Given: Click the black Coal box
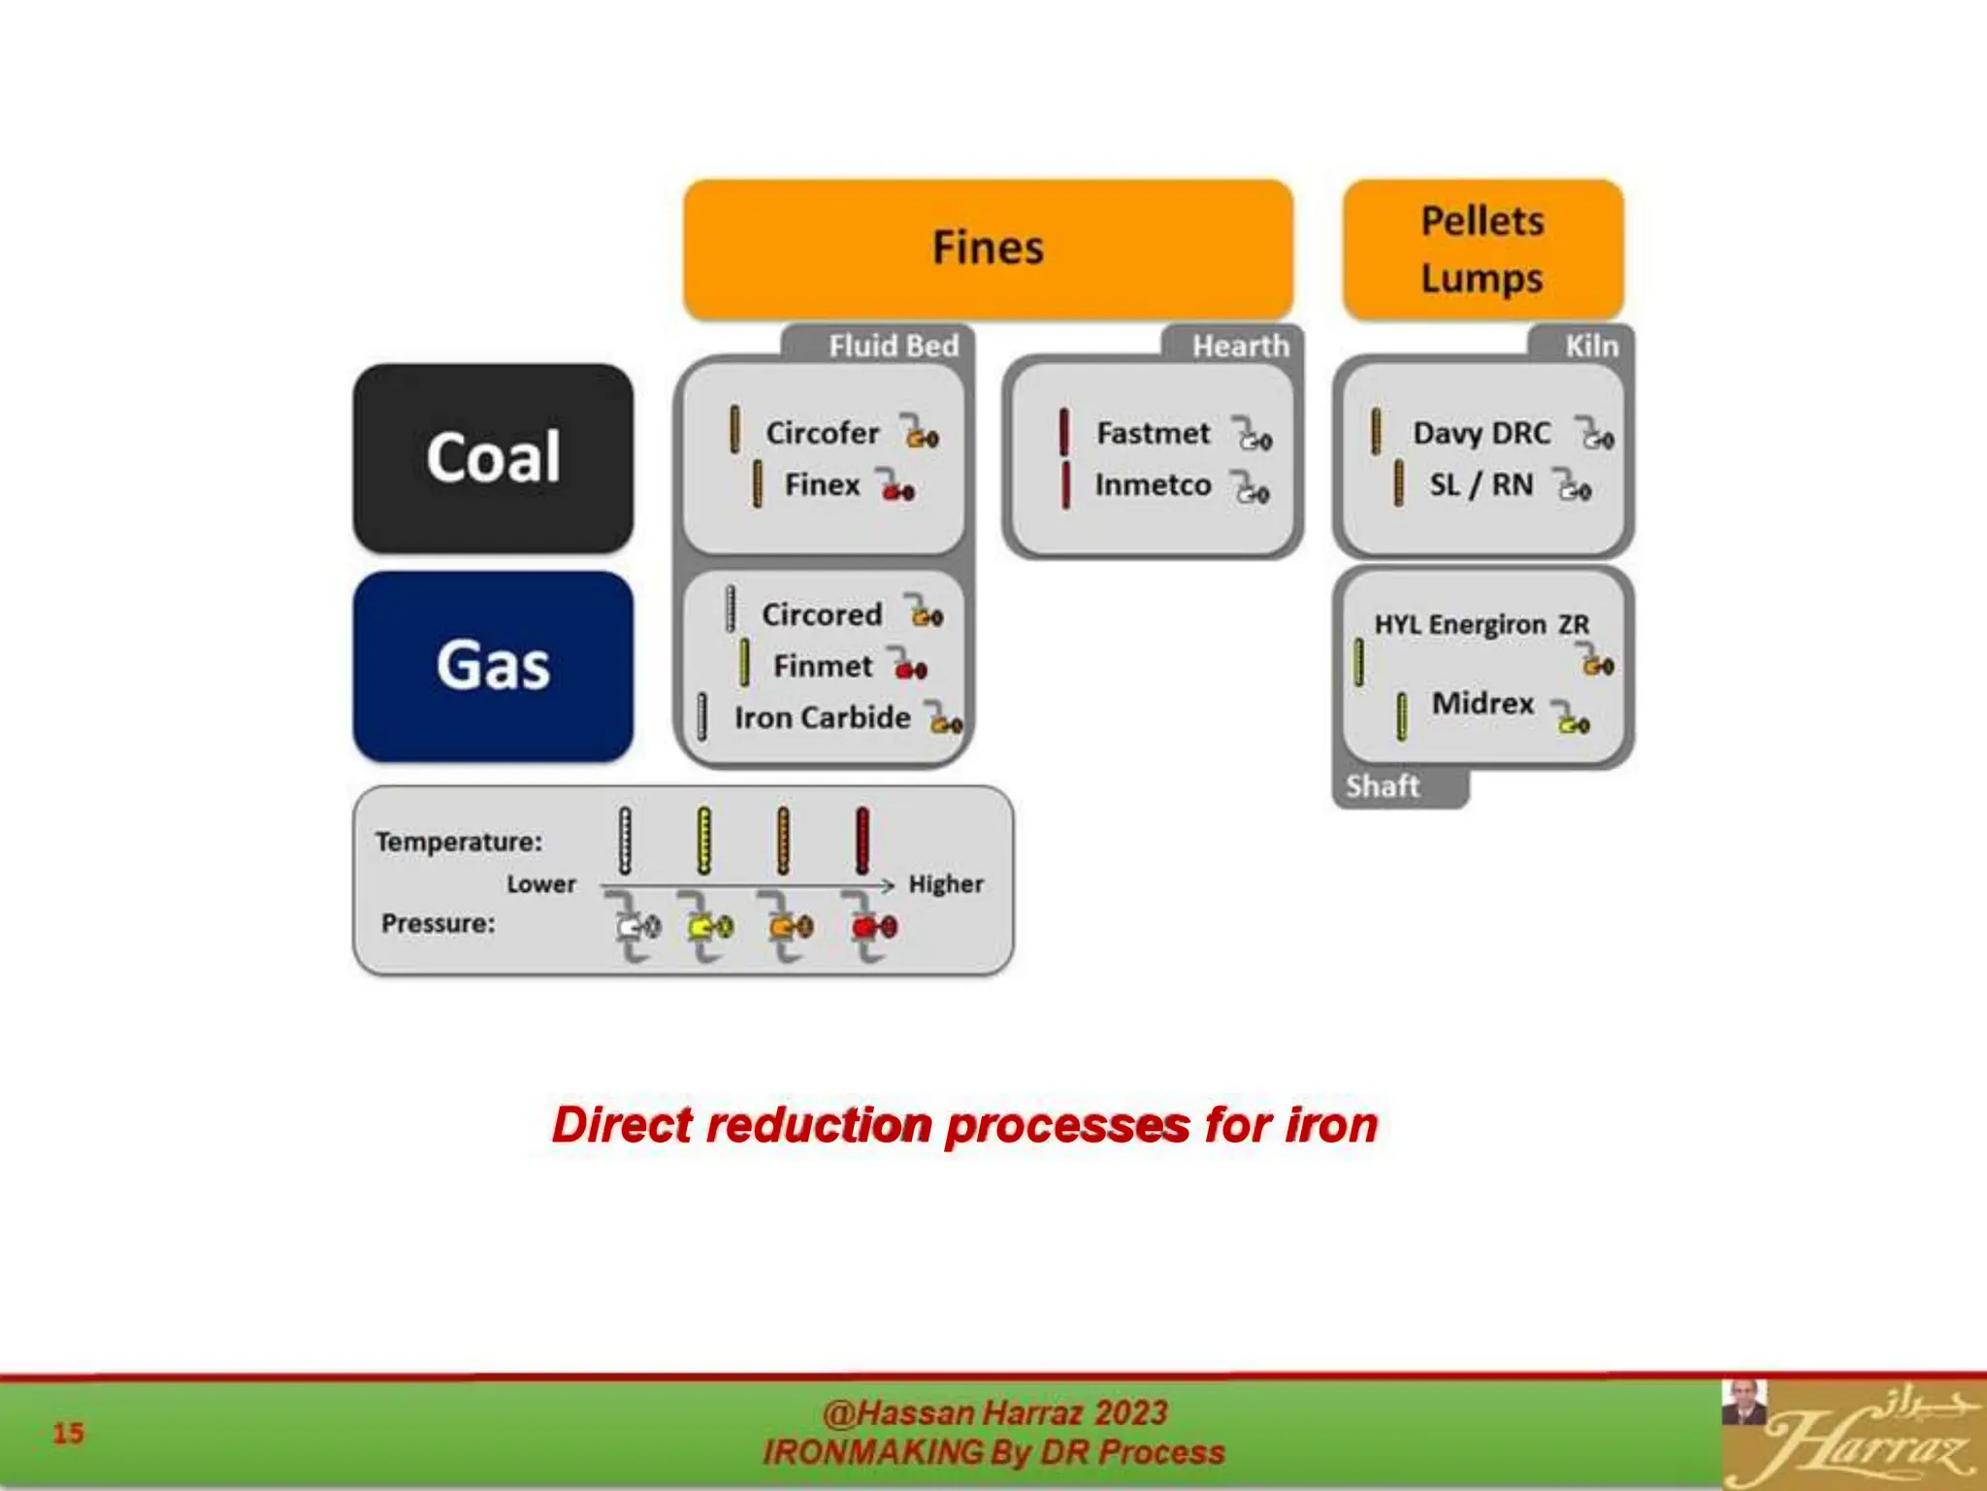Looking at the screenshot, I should point(493,457).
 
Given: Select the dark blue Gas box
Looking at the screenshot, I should point(493,666).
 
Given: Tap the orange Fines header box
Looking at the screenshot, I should point(988,248).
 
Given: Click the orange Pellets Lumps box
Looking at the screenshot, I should point(1482,249).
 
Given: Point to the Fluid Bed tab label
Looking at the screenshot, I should point(893,346).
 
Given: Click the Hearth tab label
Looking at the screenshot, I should point(1241,346).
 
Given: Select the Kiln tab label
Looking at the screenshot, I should point(1591,346).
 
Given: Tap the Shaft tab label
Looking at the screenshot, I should point(1383,786).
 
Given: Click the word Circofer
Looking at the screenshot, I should point(822,433).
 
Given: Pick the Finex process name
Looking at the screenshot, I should point(822,484).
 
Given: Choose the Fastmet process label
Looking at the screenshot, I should point(1153,433).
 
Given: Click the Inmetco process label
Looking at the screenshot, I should point(1153,484).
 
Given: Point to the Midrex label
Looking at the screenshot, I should point(1482,703).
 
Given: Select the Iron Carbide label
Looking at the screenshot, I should point(822,717).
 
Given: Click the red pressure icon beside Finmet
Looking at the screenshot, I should point(910,668).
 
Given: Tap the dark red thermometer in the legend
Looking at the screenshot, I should point(862,841).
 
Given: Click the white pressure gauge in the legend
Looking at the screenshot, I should point(635,927).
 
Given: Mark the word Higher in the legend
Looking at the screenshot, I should point(946,884).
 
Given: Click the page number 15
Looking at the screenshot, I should point(68,1433).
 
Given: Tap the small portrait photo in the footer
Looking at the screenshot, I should point(1743,1404).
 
